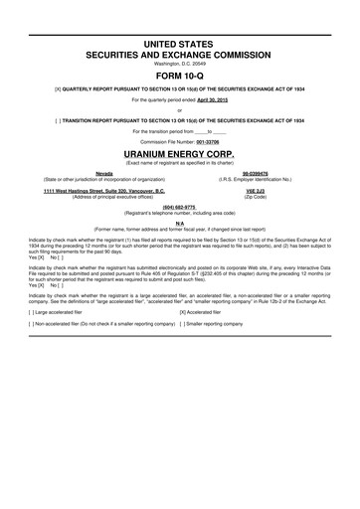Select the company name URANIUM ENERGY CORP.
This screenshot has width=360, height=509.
[180, 156]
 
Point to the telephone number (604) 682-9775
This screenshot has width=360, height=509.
[180, 207]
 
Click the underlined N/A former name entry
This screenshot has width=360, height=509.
[180, 223]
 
